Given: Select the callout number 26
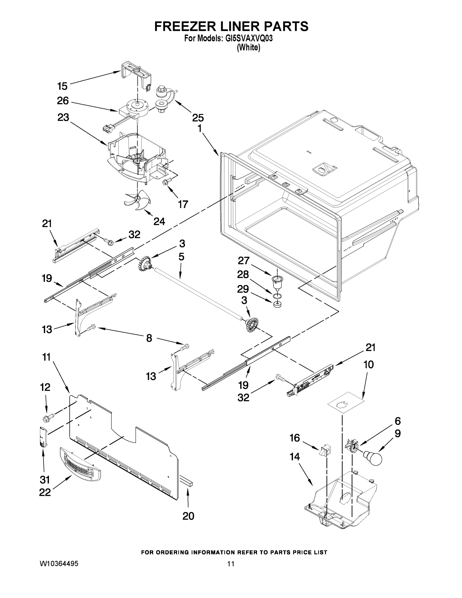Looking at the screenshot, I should [x=63, y=101].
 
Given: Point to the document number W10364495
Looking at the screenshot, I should [x=59, y=564].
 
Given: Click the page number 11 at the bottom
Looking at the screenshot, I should [x=231, y=564].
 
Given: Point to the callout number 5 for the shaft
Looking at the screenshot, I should [x=181, y=257].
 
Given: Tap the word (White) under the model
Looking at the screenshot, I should [x=249, y=48].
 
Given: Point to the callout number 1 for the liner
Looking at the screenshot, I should [x=199, y=128].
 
